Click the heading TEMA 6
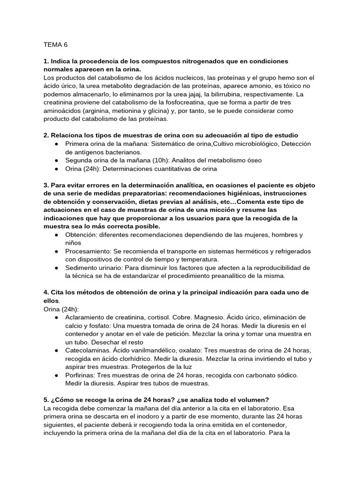(55, 45)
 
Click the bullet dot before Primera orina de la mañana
(56, 144)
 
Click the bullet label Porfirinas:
(81, 375)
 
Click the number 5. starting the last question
(45, 400)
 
